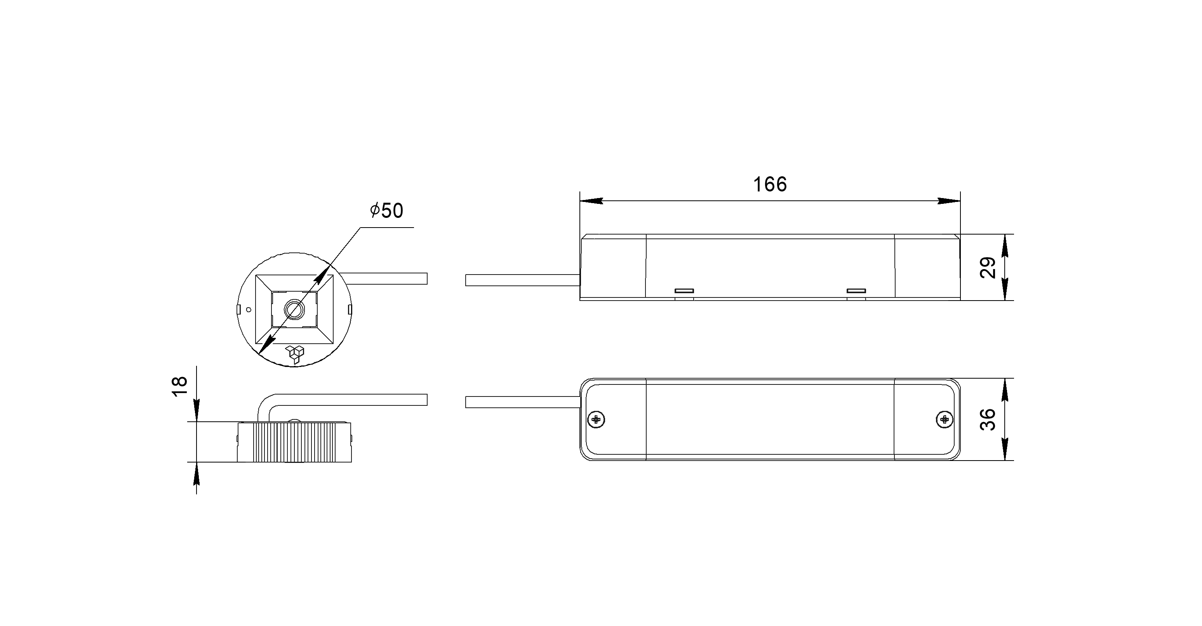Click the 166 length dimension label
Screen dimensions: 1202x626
coord(770,185)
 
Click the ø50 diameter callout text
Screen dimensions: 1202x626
coord(386,211)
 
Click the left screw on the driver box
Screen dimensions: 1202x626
coord(596,420)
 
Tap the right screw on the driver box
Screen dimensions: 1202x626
coord(945,420)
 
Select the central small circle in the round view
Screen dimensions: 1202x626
coord(294,309)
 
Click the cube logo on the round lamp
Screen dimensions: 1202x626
coord(295,355)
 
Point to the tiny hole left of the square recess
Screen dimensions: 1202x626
coord(249,309)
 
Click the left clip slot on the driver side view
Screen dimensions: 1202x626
coord(684,291)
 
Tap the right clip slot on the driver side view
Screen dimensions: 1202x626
coord(856,291)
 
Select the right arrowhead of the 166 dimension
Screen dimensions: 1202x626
coord(949,201)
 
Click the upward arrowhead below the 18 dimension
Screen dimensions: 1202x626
coord(197,473)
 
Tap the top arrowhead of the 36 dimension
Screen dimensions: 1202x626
coord(1005,390)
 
